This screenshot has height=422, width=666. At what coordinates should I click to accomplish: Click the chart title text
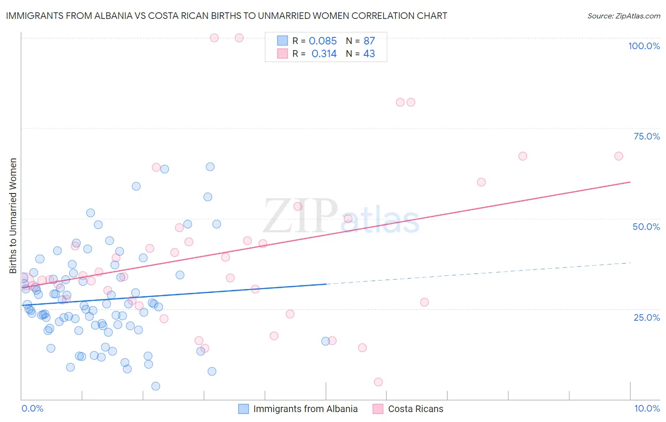coord(226,16)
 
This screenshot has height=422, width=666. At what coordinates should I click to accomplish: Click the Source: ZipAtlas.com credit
coord(623,16)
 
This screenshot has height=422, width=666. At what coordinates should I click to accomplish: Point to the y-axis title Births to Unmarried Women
coord(13,216)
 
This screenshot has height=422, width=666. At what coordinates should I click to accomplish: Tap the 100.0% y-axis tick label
coord(644,46)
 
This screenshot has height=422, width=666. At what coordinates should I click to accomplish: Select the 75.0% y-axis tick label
coord(647,136)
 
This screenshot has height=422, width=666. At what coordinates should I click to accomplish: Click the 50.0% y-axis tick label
coord(646,227)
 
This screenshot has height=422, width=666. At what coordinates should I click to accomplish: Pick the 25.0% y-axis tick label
coord(647,317)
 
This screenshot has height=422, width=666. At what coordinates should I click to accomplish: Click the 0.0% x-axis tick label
coord(32,408)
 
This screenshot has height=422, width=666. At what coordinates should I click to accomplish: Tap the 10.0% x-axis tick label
coord(647,408)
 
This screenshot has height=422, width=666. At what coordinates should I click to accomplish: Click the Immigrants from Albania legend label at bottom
coord(305,409)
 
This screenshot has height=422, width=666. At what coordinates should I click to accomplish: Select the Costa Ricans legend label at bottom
coord(415,409)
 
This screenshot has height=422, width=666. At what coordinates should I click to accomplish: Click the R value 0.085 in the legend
coord(323,41)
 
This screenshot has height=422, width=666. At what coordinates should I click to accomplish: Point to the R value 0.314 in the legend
coord(324,54)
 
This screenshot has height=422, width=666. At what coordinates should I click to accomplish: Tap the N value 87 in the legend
coord(369,41)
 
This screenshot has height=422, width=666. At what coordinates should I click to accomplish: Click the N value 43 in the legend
coord(369,54)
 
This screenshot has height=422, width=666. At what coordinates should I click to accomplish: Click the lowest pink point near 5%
coord(378,382)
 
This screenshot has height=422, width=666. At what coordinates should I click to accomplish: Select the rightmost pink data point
coord(618,156)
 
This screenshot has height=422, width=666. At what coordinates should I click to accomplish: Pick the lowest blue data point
coord(155,386)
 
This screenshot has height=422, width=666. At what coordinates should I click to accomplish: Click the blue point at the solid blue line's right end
coord(325,341)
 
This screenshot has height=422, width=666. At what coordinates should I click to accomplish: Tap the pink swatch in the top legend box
coord(282,53)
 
